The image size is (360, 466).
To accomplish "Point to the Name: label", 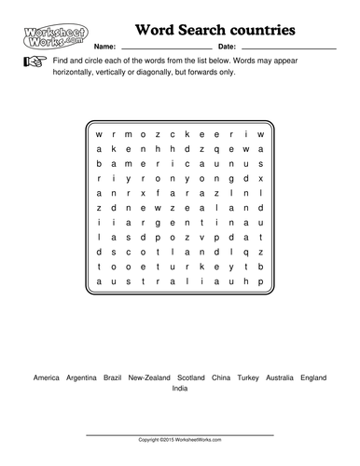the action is coord(104,46).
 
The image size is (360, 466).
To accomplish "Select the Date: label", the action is coord(226,46).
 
